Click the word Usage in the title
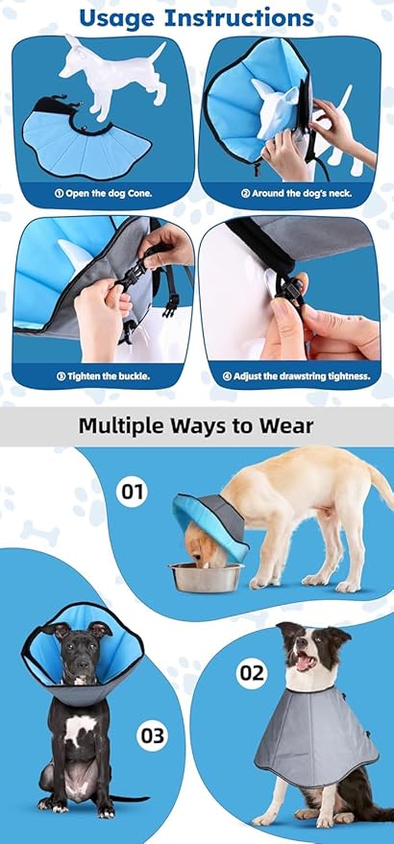pos(118,17)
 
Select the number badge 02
pos(251,672)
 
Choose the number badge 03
pos(152,737)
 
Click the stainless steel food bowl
pos(205,576)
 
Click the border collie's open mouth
pos(305,662)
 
